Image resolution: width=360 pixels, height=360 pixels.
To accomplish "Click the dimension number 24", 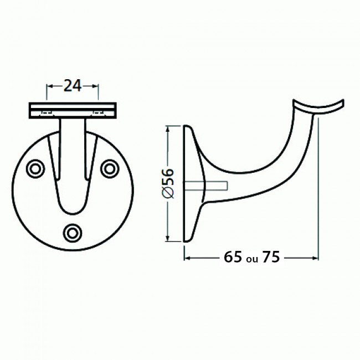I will click(73, 85).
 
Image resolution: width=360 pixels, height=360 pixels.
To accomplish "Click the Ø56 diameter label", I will click(169, 183).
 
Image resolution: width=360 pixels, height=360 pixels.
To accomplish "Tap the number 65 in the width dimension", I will click(233, 258).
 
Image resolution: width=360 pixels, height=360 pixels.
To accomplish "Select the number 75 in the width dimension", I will click(271, 258).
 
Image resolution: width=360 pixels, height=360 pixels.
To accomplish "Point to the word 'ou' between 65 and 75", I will click(252, 259).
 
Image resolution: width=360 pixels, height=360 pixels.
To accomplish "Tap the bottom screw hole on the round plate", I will click(73, 233).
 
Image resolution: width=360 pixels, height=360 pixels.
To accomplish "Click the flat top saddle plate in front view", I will click(72, 110).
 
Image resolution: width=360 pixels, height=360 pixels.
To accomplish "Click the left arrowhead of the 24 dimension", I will click(49, 86).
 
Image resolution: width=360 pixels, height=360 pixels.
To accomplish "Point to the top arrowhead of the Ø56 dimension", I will click(168, 128).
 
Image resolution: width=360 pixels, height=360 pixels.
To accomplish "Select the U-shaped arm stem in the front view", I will click(73, 166).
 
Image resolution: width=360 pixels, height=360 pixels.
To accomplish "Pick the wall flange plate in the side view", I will click(191, 183).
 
